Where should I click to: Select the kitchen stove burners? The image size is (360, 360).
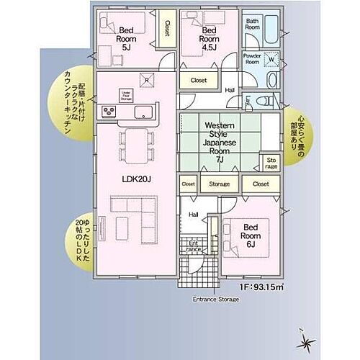pos(109,112)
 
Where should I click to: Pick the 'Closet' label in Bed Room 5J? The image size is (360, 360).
pos(167,29)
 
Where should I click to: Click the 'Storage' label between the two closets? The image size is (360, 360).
pos(220,184)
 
